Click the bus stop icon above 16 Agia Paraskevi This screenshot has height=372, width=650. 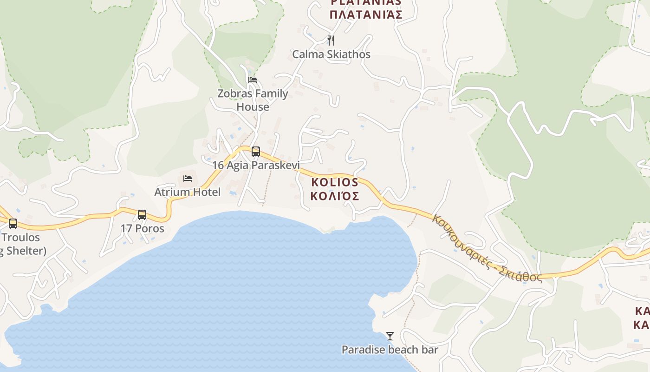click(255, 151)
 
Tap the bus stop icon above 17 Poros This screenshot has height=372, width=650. click(142, 215)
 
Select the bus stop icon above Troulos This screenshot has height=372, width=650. click(13, 224)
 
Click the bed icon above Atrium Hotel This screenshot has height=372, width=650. click(188, 179)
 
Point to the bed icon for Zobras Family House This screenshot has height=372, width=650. click(253, 80)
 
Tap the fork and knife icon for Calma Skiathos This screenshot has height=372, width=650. click(331, 40)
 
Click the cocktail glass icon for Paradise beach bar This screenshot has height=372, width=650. click(390, 336)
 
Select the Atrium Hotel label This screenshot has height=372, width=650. click(188, 192)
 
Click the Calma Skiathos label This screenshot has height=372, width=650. click(331, 54)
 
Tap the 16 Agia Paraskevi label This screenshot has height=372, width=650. click(256, 165)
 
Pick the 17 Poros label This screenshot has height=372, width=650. click(143, 229)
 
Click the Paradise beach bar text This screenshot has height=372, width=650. click(390, 350)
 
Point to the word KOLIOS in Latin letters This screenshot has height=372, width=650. click(335, 182)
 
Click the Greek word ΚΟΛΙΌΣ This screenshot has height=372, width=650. click(335, 196)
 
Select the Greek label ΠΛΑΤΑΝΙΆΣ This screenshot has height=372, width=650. click(365, 14)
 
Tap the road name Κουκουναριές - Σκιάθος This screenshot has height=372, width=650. click(487, 249)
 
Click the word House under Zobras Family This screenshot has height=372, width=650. click(253, 107)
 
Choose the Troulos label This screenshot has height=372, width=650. click(20, 238)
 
